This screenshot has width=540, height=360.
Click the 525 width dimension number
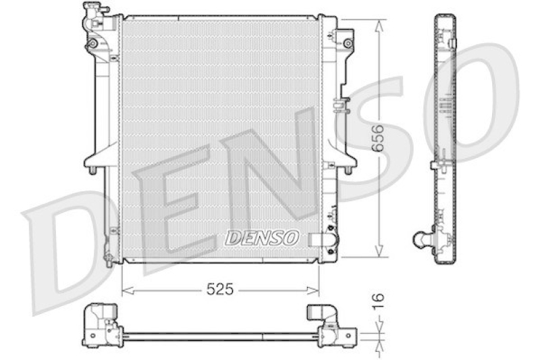click(x=219, y=290)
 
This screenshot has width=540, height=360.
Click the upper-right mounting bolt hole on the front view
click(x=348, y=43)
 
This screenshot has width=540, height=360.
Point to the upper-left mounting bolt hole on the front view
click(x=92, y=45)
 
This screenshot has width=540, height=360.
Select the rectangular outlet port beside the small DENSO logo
click(x=317, y=238)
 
